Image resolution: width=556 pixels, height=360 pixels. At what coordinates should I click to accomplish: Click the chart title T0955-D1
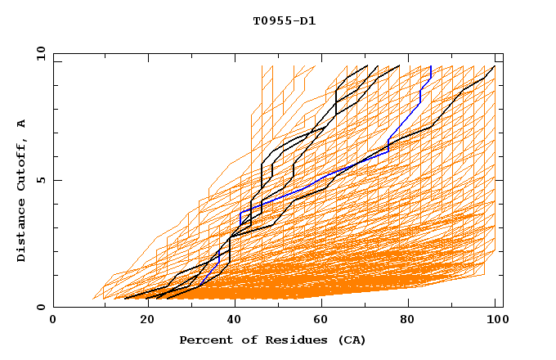(x=284, y=22)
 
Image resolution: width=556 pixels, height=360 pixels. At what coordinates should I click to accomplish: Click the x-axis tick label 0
(x=53, y=320)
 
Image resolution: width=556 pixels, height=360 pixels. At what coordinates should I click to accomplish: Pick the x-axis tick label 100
(x=495, y=320)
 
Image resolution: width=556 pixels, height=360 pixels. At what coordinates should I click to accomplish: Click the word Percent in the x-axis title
(x=202, y=340)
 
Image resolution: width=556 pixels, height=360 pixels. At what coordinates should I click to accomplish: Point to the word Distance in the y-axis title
(x=21, y=231)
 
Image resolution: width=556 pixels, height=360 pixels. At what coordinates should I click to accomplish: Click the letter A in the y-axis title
(x=21, y=123)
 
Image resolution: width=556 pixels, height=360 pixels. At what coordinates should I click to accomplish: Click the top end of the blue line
(x=431, y=66)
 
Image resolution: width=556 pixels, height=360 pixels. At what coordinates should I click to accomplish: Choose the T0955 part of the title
(x=271, y=22)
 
